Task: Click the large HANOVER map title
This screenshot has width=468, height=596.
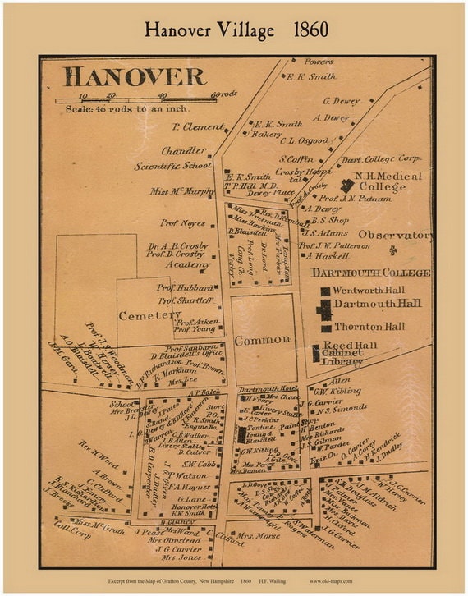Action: pyautogui.click(x=135, y=77)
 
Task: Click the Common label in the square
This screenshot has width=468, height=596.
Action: pyautogui.click(x=262, y=339)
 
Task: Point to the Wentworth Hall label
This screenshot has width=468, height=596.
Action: pyautogui.click(x=369, y=291)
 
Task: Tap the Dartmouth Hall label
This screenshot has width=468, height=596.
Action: pyautogui.click(x=377, y=304)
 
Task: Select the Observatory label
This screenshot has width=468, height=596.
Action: pyautogui.click(x=394, y=235)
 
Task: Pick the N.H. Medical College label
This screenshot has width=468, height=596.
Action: pyautogui.click(x=382, y=181)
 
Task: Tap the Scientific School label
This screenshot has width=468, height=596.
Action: pyautogui.click(x=173, y=165)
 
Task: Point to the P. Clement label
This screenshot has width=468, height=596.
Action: pyautogui.click(x=197, y=127)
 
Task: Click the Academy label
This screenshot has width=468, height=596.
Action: pyautogui.click(x=187, y=265)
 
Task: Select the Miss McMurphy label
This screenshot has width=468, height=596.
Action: pyautogui.click(x=181, y=192)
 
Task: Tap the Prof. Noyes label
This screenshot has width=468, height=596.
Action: pyautogui.click(x=182, y=223)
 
